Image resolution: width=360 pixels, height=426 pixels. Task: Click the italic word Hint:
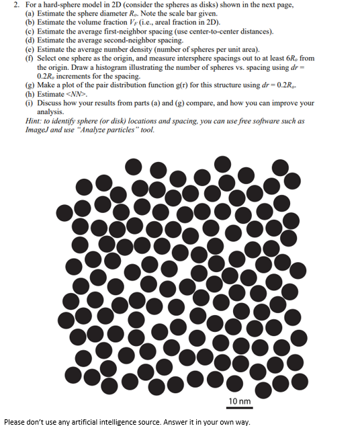35,121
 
